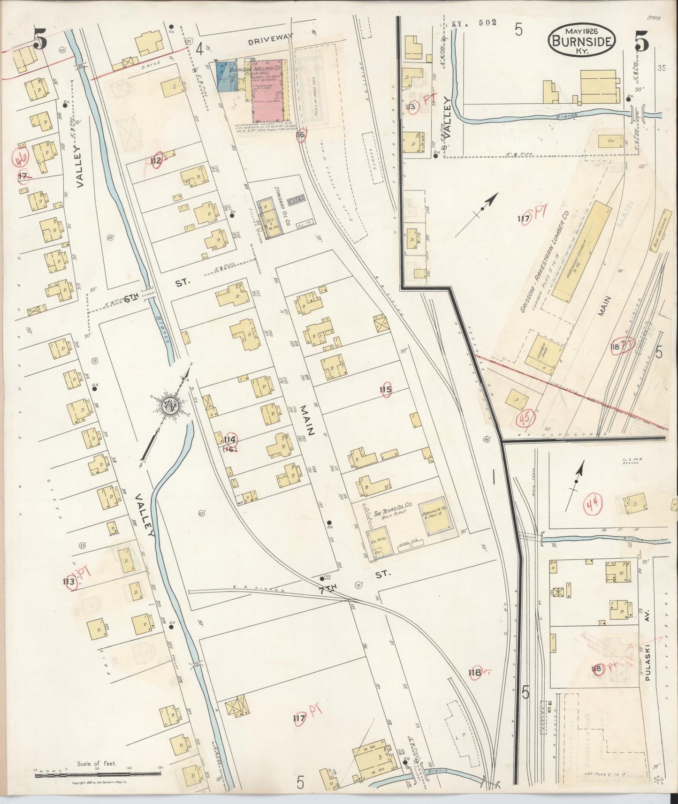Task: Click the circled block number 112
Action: pyautogui.click(x=156, y=160)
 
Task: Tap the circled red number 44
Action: pyautogui.click(x=592, y=505)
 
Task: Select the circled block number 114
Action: pyautogui.click(x=230, y=440)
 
